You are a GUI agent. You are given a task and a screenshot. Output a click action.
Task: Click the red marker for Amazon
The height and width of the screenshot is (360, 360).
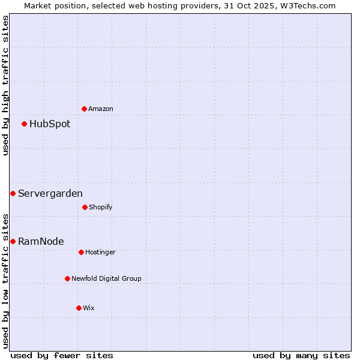(x=84, y=109)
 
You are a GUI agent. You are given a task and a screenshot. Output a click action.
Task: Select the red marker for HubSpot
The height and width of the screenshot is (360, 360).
(x=25, y=124)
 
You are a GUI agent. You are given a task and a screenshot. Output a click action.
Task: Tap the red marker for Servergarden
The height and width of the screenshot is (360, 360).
(x=13, y=193)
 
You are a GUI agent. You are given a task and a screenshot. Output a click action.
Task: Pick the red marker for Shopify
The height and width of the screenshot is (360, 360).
(x=85, y=207)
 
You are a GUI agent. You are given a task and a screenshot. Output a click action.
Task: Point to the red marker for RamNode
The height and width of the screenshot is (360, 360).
(x=13, y=241)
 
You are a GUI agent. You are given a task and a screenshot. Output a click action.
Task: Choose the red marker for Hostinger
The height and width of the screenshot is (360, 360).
(x=81, y=252)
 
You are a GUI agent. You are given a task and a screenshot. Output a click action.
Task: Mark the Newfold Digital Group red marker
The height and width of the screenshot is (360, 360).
(x=67, y=278)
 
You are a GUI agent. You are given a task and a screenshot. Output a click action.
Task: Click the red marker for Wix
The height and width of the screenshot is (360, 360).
(x=79, y=308)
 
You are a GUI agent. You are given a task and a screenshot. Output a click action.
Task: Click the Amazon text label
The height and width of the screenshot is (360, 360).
(x=101, y=109)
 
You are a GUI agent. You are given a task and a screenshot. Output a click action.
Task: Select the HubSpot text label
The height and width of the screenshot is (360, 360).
(x=50, y=124)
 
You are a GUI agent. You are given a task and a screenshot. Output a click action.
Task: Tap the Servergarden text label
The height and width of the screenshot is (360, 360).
(x=50, y=194)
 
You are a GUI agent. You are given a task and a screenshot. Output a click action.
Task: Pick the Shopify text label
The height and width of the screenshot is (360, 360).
(x=101, y=208)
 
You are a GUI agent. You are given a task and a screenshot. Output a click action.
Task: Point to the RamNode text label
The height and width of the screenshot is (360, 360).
(x=41, y=242)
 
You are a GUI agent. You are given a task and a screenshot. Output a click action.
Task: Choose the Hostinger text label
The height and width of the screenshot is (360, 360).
(x=100, y=253)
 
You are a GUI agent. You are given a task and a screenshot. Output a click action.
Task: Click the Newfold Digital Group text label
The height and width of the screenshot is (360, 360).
(x=107, y=279)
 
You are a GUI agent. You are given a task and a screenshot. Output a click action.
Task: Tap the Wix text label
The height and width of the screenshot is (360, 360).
(x=89, y=308)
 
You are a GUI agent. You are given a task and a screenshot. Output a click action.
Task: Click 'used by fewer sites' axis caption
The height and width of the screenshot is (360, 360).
(x=62, y=355)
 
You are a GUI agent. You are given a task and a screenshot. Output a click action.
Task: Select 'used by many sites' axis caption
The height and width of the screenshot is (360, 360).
(x=301, y=355)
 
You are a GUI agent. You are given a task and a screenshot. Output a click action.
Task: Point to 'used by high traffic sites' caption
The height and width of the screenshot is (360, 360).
(x=5, y=85)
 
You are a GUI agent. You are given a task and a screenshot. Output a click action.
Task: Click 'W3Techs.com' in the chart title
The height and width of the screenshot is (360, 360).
(x=307, y=5)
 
